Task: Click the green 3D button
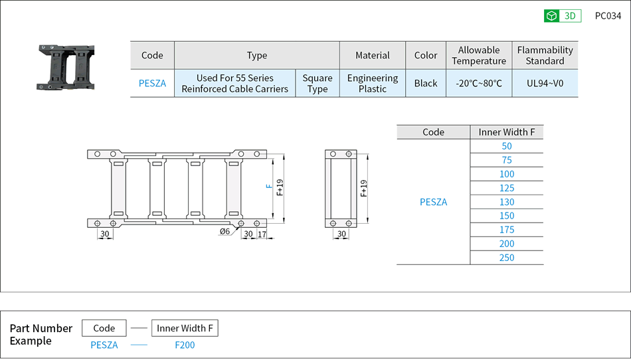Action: pyautogui.click(x=563, y=16)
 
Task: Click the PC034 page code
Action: pyautogui.click(x=608, y=16)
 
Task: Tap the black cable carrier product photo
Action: pyautogui.click(x=66, y=67)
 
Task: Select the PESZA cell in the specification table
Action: pyautogui.click(x=152, y=83)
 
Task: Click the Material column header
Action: pyautogui.click(x=372, y=55)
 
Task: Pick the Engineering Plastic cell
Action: pyautogui.click(x=372, y=83)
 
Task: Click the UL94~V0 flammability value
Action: pyautogui.click(x=545, y=83)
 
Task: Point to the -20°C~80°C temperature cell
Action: pyautogui.click(x=479, y=83)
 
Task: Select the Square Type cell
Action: pyautogui.click(x=317, y=83)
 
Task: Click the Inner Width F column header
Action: pyautogui.click(x=507, y=132)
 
